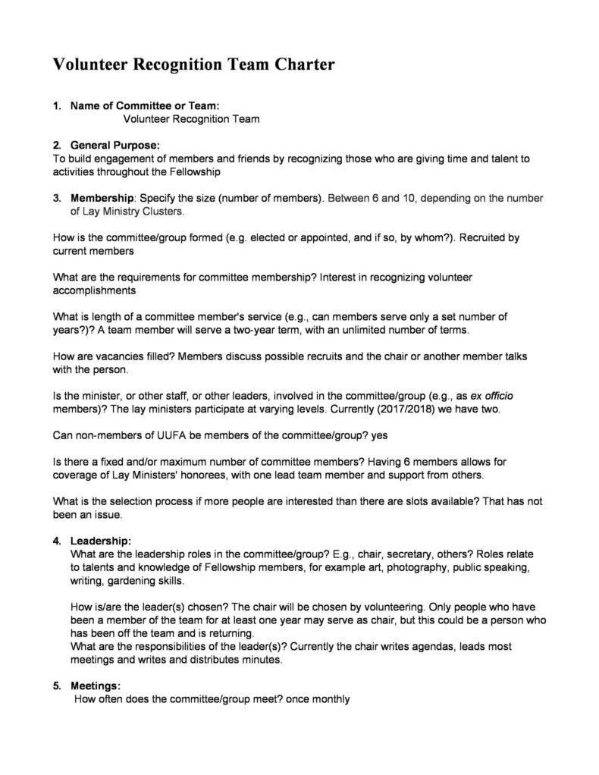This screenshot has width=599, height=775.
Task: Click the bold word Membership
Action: click(x=102, y=198)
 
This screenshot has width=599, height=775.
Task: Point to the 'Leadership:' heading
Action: click(x=101, y=541)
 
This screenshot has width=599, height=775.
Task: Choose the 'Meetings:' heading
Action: click(x=96, y=686)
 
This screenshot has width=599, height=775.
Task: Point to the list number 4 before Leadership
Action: click(x=57, y=541)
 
